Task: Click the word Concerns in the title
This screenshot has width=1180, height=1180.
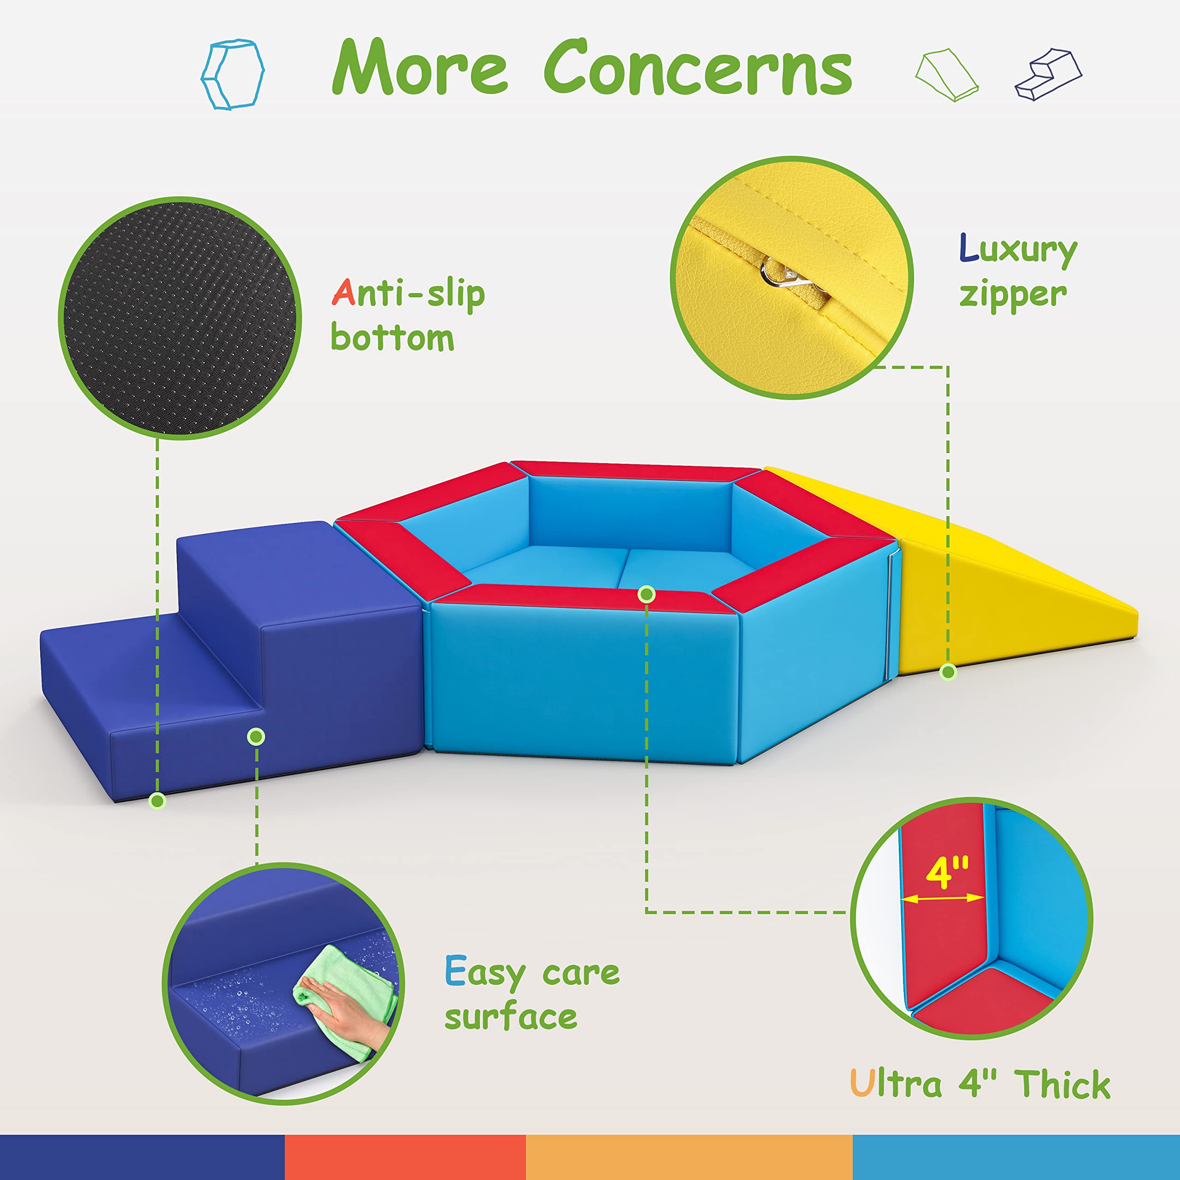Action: click(697, 67)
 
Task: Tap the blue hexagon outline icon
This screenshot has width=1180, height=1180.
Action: click(232, 75)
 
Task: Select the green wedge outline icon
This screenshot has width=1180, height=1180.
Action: click(947, 75)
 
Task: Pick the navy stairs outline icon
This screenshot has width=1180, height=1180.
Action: click(1048, 75)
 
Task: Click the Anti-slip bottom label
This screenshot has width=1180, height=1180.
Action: click(407, 315)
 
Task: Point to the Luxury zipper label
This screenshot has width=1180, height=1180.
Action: click(1018, 272)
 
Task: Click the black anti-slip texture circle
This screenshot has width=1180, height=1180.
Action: click(180, 318)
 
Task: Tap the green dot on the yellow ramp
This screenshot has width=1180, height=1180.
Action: click(948, 673)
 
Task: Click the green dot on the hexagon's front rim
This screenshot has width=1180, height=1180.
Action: click(646, 594)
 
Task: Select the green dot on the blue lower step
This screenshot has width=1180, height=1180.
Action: click(257, 737)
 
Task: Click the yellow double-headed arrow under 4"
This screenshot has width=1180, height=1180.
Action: click(943, 898)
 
